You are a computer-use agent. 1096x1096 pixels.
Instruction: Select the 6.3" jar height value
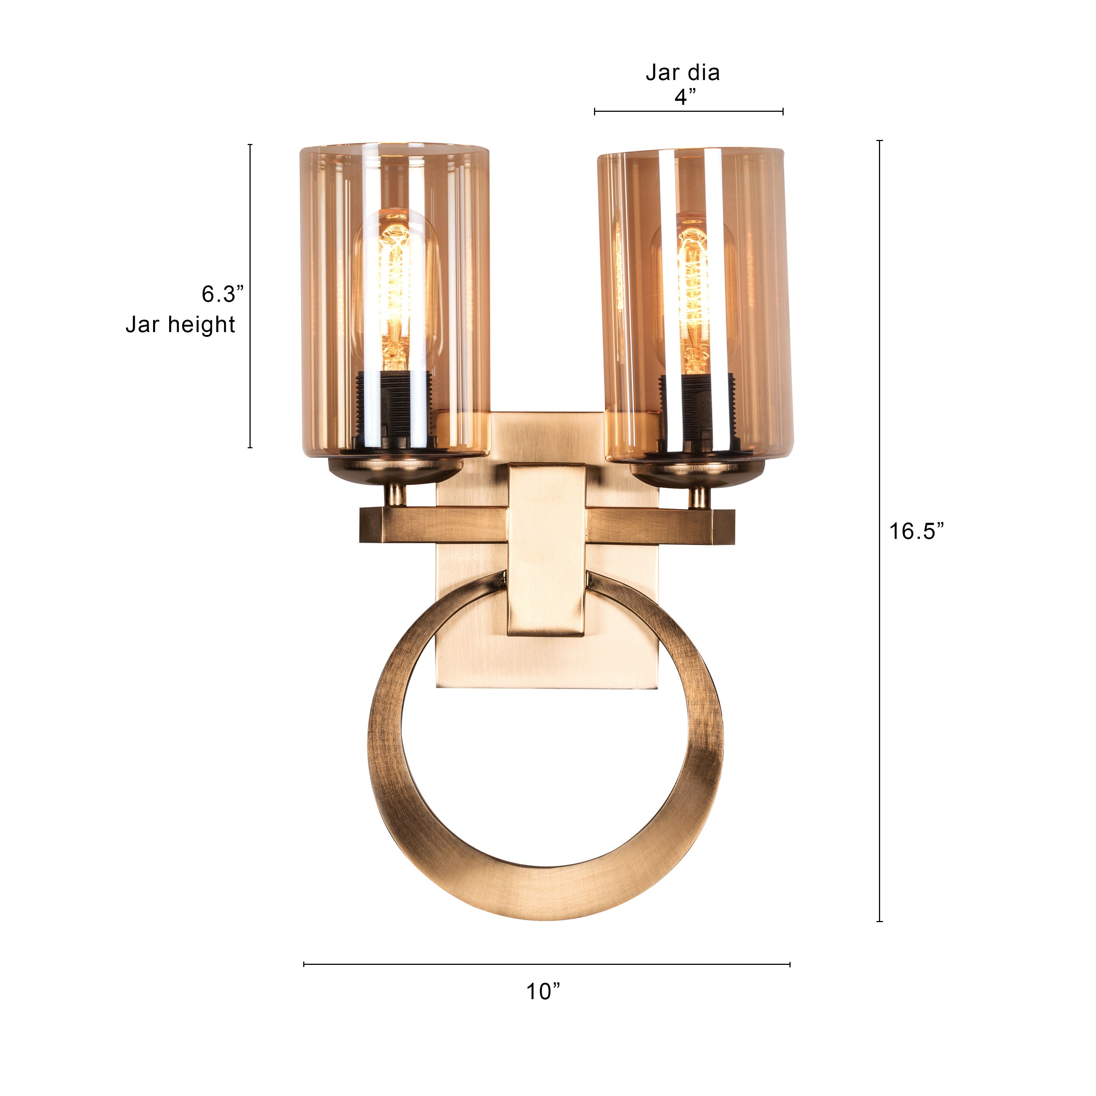(x=222, y=294)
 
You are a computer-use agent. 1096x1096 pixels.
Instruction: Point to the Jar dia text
(x=682, y=73)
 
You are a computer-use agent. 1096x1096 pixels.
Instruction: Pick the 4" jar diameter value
(x=685, y=98)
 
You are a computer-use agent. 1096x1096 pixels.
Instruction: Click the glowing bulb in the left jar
(x=395, y=289)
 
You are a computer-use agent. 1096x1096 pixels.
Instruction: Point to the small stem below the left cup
(x=395, y=495)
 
